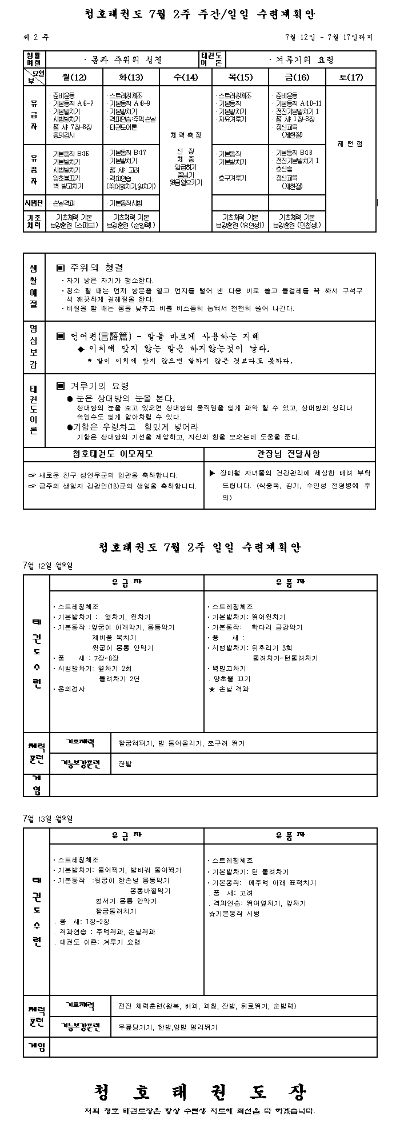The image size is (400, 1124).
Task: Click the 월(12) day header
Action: [x=74, y=77]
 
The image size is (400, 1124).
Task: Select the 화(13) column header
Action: [x=131, y=77]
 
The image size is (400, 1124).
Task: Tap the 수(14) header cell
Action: [x=186, y=77]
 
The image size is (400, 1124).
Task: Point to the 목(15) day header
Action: [x=241, y=77]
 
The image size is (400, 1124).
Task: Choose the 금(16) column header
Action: [x=297, y=77]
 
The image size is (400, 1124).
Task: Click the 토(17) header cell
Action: [x=351, y=77]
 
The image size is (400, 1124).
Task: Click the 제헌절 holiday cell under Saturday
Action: [x=351, y=145]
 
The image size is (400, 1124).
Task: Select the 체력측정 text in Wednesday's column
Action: [x=186, y=135]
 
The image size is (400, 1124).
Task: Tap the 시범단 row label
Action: [x=34, y=203]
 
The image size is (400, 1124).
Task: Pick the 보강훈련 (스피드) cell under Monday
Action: [x=74, y=225]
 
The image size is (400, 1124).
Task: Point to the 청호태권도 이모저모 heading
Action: [x=113, y=454]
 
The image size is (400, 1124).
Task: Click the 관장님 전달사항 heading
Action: [x=290, y=454]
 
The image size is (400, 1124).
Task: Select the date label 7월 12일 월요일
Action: [x=48, y=566]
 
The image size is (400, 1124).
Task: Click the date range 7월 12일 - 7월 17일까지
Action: [x=329, y=38]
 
